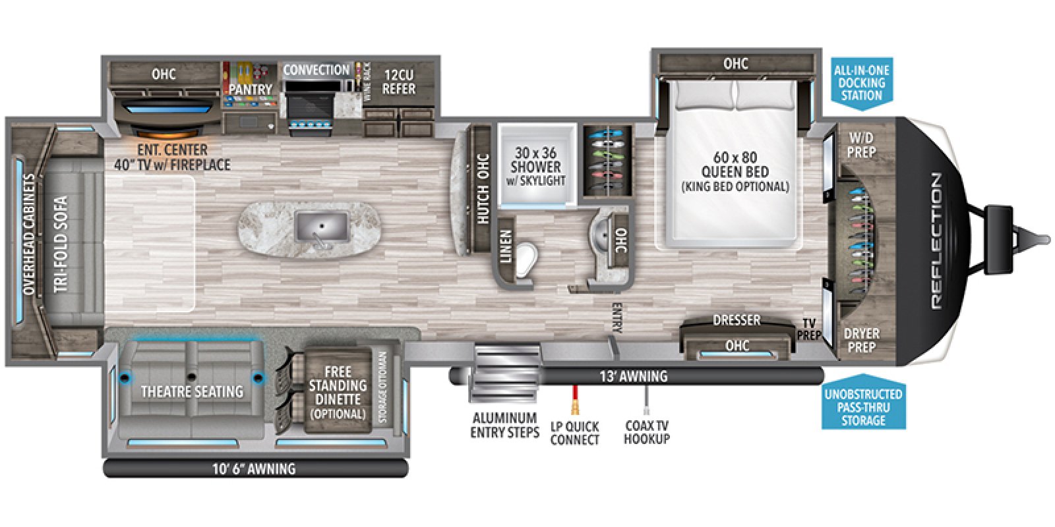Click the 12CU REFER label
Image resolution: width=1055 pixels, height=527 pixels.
point(400,82)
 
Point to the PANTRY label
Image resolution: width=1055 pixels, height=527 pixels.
point(251,89)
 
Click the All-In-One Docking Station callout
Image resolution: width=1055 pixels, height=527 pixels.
point(861,82)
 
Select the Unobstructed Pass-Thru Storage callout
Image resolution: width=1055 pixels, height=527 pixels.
point(863,406)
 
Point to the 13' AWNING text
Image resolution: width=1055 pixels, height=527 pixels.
point(633,376)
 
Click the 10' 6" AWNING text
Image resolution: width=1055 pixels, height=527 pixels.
point(253,469)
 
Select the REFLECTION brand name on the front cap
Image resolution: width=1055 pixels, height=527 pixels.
point(937,240)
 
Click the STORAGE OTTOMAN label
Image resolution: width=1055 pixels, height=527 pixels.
point(383,387)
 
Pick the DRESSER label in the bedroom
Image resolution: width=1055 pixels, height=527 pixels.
point(736,320)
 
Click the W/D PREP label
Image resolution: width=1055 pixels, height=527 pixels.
point(860,145)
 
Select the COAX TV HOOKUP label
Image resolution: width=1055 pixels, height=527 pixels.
point(647,432)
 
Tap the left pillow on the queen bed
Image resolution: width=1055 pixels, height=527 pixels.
point(703,97)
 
